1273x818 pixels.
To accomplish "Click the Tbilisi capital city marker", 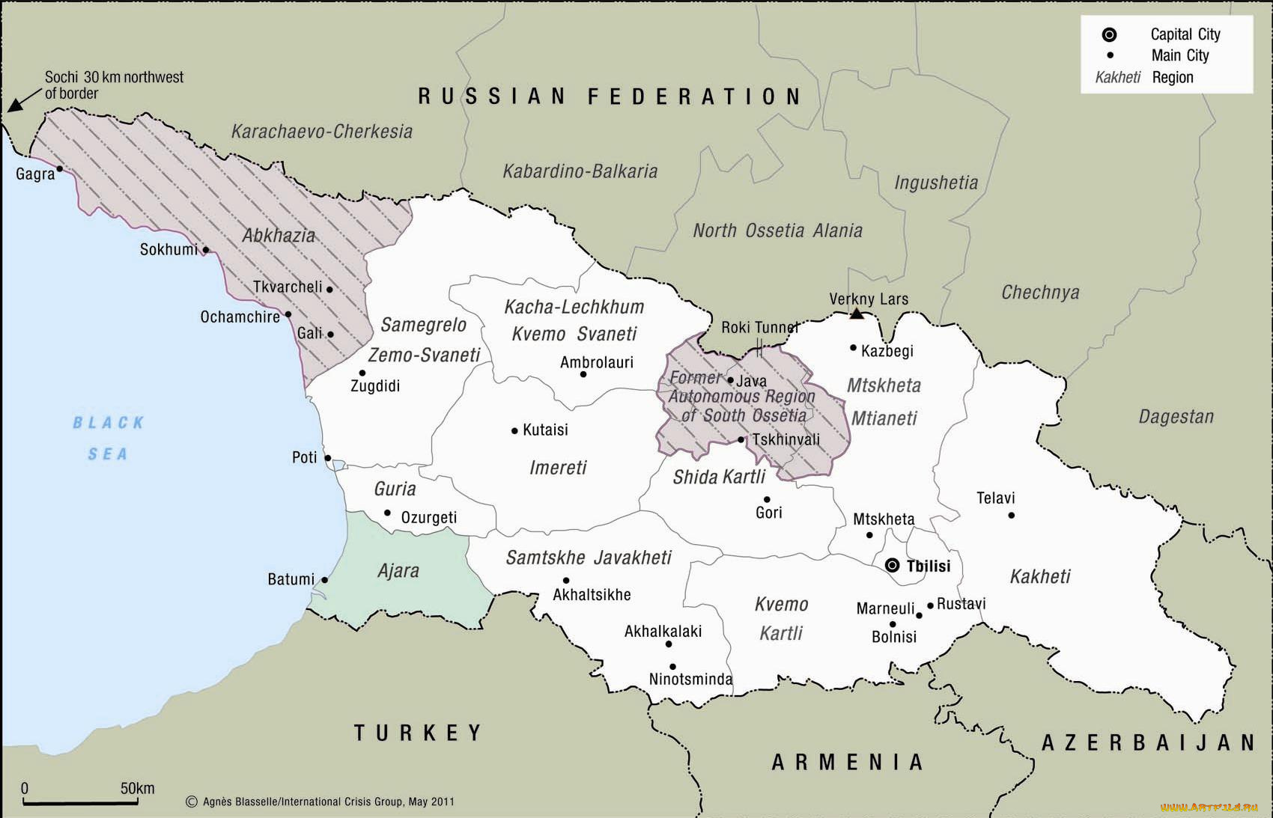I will tap(892, 565).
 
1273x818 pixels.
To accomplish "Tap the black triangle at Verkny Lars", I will tap(857, 314).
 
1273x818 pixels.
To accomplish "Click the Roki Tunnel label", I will tap(759, 327).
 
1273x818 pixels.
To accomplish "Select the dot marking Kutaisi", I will tap(514, 430).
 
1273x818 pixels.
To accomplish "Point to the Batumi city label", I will tap(291, 579).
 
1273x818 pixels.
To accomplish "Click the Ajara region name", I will tap(398, 571).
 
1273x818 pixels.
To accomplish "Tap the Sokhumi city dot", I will tap(206, 250).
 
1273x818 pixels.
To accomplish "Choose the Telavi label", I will tap(995, 498).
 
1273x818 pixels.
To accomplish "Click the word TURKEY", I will tap(418, 733).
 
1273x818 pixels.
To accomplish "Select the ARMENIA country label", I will tap(848, 762).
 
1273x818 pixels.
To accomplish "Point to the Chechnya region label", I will tap(1040, 293).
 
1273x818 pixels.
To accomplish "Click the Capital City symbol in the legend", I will tap(1110, 34).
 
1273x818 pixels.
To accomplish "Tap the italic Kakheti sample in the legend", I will tap(1117, 78).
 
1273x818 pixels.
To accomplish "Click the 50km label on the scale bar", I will tap(137, 788).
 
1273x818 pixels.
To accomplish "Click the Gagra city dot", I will tap(60, 169).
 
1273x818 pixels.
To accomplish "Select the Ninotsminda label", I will tap(690, 680).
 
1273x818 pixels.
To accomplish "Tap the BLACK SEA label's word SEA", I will tap(107, 454).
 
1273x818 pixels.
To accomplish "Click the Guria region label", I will tap(395, 489).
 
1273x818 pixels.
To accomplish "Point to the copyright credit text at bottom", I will tap(320, 802).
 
